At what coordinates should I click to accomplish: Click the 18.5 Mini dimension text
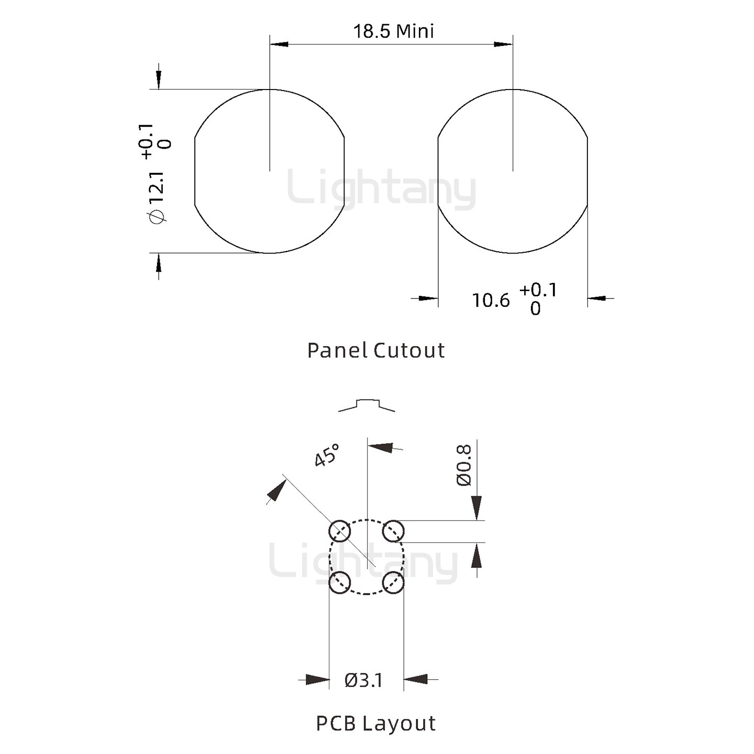tap(394, 31)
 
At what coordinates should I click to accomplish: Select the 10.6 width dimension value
tap(491, 301)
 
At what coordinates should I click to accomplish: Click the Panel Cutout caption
tap(376, 350)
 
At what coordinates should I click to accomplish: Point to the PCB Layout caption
tap(375, 724)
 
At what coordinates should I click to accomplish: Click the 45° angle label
tap(327, 455)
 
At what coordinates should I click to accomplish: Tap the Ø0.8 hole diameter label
tap(464, 465)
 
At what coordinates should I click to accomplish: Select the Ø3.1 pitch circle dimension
tap(363, 681)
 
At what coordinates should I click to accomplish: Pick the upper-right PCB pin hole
tap(393, 531)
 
